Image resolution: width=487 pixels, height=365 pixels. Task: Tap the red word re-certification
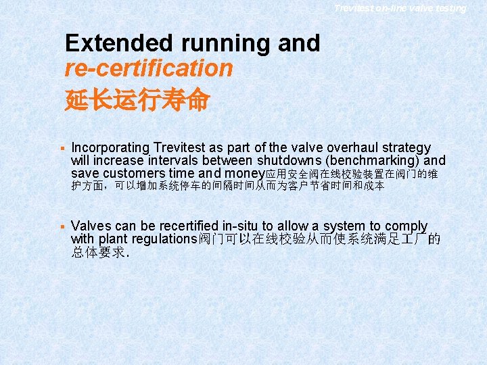pos(149,68)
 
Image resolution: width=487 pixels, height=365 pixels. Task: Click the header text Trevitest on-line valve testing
pos(400,8)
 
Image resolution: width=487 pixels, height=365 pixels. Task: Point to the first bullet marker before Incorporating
pos(61,147)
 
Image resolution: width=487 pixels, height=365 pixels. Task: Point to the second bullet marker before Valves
pos(61,226)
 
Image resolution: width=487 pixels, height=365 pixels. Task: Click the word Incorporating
pos(110,147)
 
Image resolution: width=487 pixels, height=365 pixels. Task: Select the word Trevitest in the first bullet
pos(179,147)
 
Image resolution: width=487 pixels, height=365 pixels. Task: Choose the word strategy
pos(405,147)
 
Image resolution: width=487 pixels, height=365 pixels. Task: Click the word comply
pos(406,226)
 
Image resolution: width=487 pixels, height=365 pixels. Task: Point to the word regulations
pos(160,239)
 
